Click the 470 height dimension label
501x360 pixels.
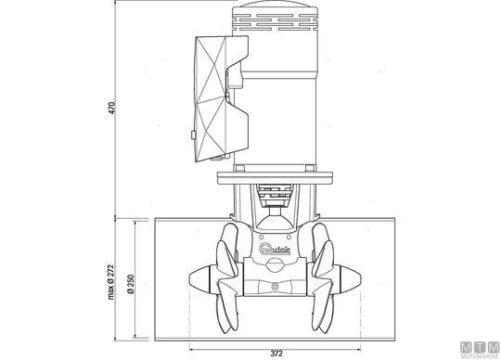tap(111, 108)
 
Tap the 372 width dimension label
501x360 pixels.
tap(276, 354)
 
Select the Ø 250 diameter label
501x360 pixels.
tap(131, 284)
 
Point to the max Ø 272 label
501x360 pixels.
tap(111, 282)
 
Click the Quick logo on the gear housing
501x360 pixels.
tap(275, 249)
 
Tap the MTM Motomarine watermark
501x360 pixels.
tap(480, 350)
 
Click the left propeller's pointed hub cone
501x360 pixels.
tap(199, 280)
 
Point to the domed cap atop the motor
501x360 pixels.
tap(275, 4)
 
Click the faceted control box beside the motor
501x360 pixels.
tap(221, 98)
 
